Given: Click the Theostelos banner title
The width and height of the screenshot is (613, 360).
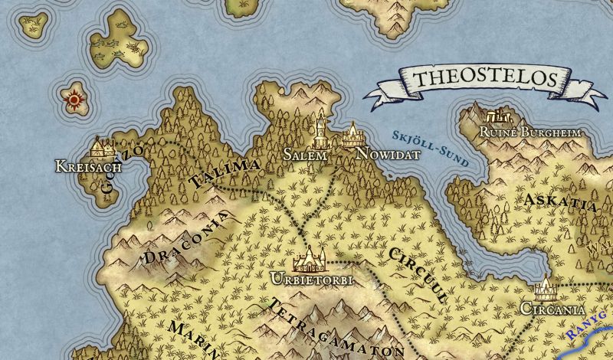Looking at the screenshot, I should point(484,80).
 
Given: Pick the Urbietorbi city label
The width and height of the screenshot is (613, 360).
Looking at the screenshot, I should point(311,280).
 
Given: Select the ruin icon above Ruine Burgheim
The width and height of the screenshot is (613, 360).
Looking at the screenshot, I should point(498,116).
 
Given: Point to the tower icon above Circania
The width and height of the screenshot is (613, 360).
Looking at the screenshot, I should point(546,288).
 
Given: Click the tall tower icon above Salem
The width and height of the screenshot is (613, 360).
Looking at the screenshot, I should point(320,133).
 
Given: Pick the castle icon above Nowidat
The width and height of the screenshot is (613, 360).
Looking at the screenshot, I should point(352,136).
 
